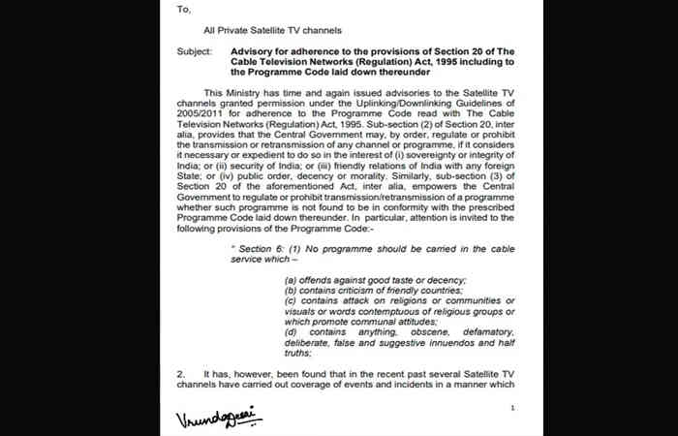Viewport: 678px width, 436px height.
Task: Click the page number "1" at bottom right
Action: click(x=512, y=409)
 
